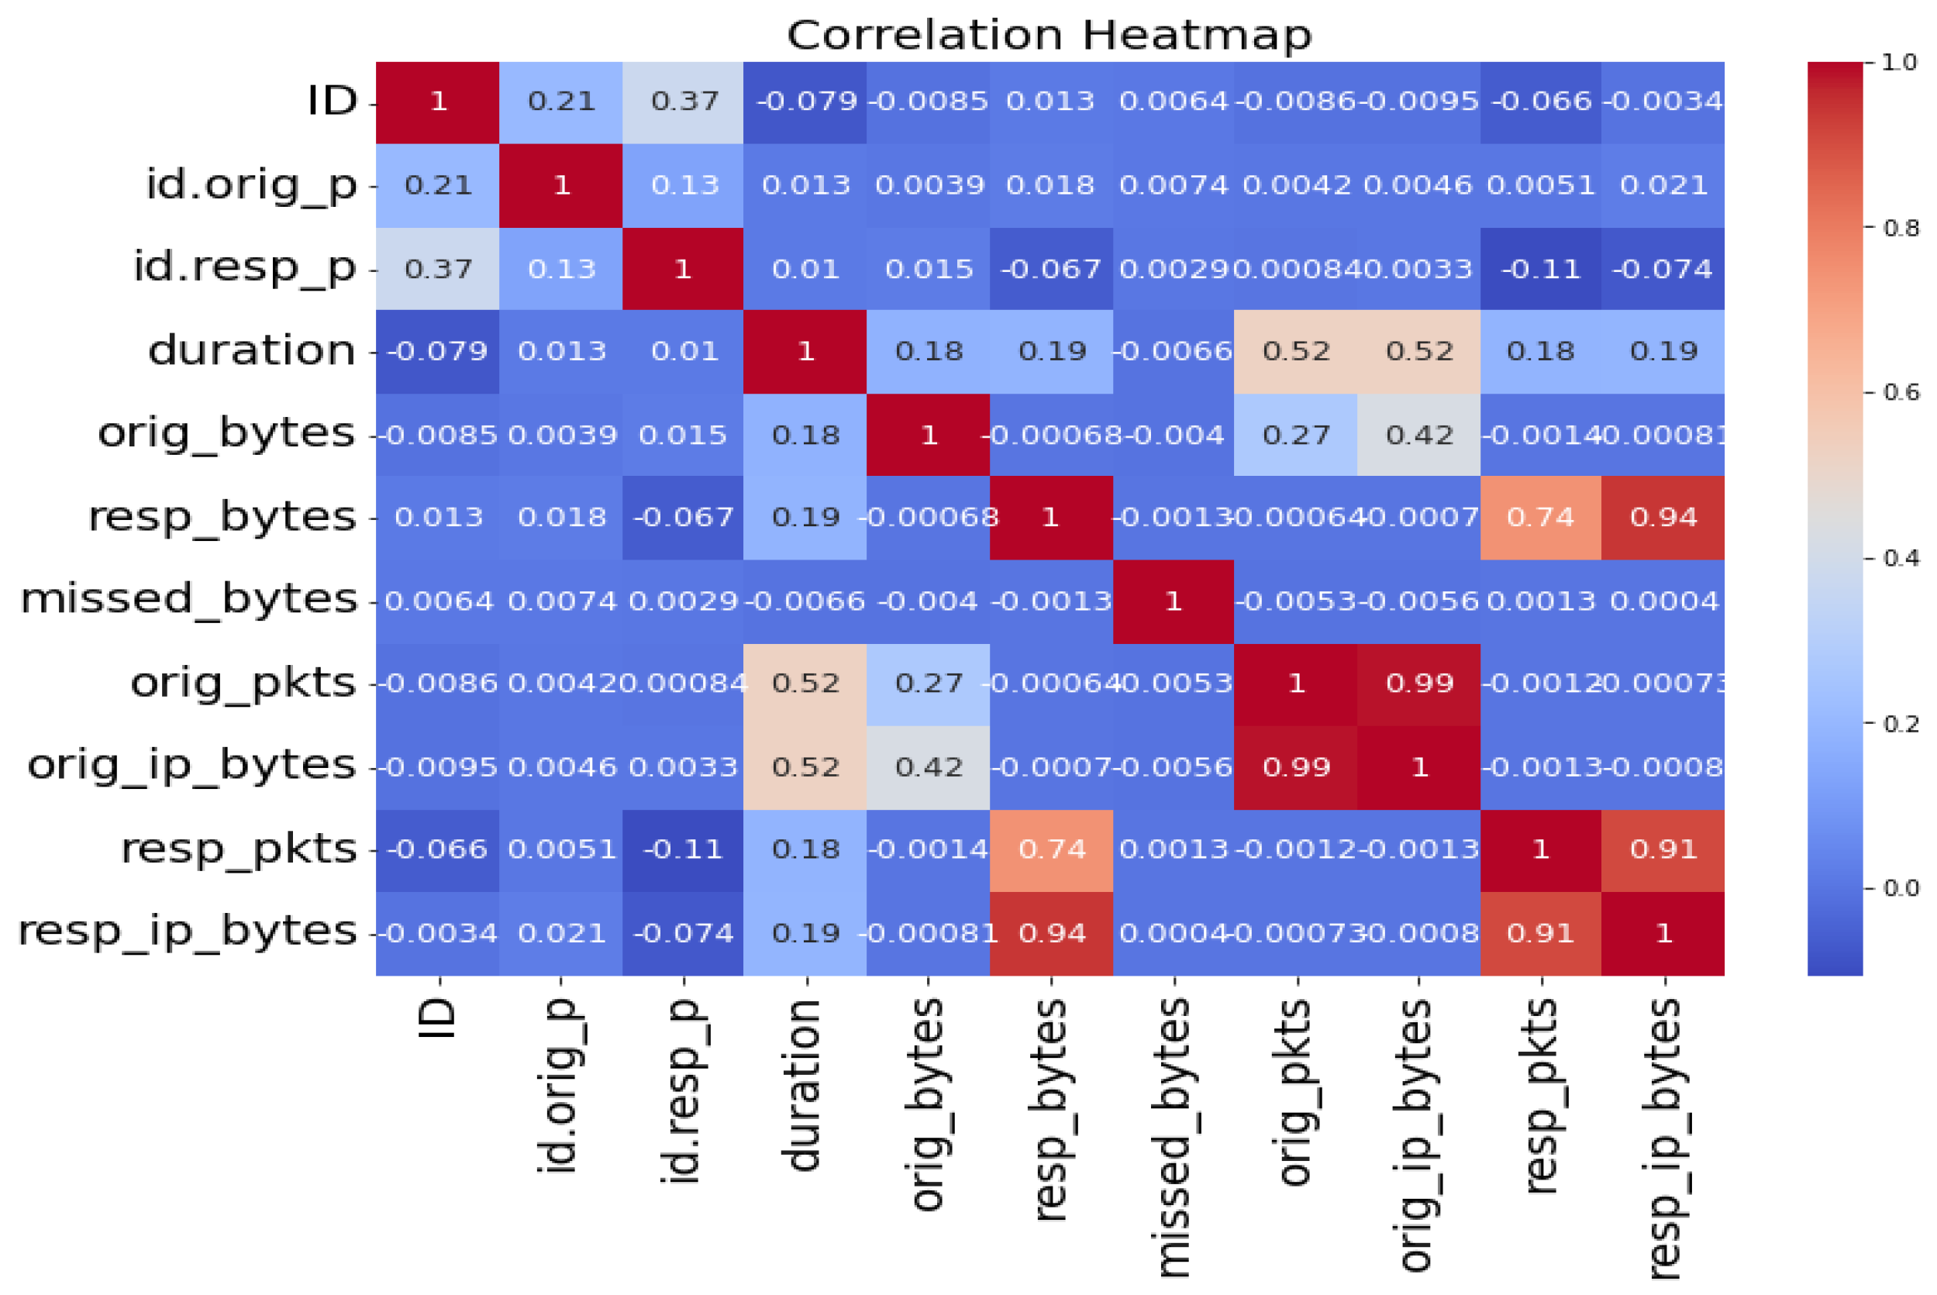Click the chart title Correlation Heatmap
click(x=1049, y=36)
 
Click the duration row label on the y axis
click(x=252, y=351)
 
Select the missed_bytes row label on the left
click(x=188, y=600)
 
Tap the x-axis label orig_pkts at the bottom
click(x=1295, y=1092)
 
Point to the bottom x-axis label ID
click(x=439, y=1019)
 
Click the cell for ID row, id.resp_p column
click(x=683, y=102)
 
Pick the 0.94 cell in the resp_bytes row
click(x=1663, y=518)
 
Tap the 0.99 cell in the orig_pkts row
click(x=1419, y=684)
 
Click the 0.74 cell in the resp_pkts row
click(x=1051, y=850)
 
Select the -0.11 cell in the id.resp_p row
click(x=1540, y=269)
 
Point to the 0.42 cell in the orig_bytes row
click(x=1419, y=436)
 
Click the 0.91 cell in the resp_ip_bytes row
click(x=1540, y=933)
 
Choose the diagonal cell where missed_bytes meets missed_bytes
click(x=1173, y=601)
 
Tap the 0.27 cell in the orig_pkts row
click(x=929, y=684)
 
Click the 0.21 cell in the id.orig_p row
click(x=438, y=185)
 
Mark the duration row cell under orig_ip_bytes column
click(x=1419, y=352)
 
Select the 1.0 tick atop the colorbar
click(x=1898, y=63)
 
